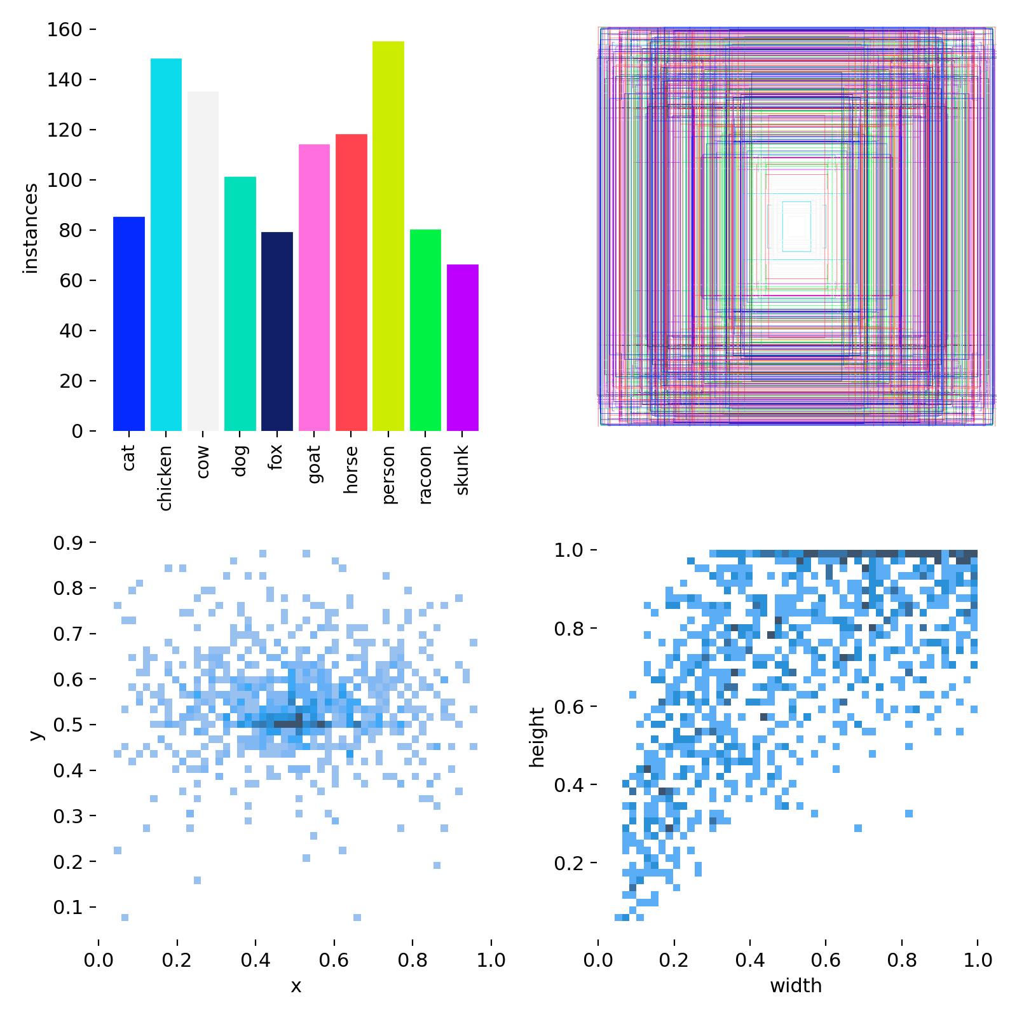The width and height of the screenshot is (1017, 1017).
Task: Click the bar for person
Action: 388,235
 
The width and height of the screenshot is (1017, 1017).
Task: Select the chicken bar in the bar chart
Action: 166,245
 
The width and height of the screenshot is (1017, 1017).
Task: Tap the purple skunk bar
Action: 462,348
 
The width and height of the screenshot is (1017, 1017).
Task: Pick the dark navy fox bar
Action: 277,331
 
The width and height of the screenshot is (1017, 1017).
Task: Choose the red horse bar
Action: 351,282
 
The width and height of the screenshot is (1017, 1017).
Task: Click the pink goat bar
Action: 314,287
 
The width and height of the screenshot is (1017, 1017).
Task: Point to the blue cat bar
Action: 129,324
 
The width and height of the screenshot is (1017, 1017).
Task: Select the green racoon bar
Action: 425,330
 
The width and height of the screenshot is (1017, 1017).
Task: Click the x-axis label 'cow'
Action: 203,462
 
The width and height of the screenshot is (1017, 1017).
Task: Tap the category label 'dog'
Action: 240,461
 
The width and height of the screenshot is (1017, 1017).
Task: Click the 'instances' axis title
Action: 31,229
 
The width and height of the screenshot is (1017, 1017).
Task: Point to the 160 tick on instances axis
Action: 65,30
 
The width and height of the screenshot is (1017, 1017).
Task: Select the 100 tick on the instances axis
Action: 65,180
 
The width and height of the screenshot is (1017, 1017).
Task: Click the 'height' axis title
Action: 538,737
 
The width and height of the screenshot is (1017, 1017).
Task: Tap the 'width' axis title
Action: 796,986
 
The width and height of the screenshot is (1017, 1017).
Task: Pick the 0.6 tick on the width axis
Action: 826,959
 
